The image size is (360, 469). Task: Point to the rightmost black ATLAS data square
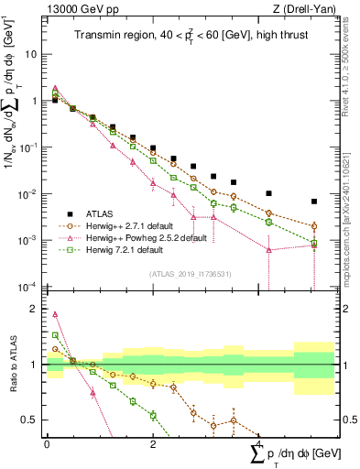point(314,202)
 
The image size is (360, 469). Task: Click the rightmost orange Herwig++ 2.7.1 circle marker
point(314,225)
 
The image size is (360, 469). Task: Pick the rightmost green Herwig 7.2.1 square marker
point(314,243)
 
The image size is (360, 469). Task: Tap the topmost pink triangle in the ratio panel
point(55,314)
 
